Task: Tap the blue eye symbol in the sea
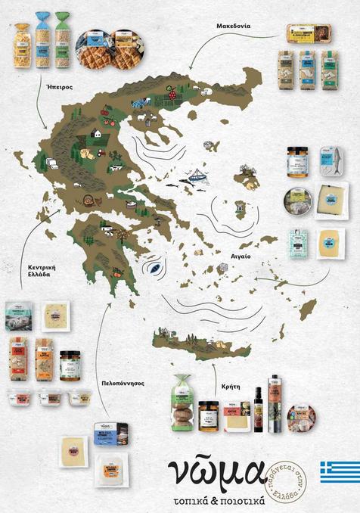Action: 154,267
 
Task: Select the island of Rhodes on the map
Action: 307,309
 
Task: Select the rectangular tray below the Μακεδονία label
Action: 309,34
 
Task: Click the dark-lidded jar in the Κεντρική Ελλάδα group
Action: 70,365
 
